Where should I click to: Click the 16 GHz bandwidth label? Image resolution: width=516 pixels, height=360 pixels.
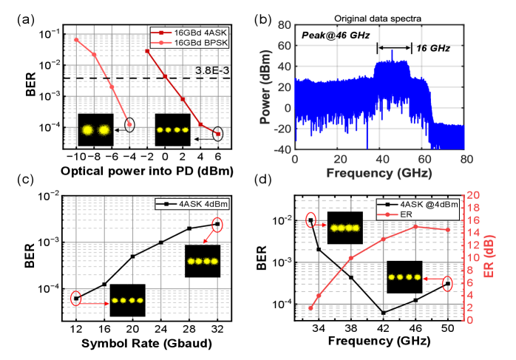coord(432,47)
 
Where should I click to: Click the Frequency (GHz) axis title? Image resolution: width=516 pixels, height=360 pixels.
coord(380,173)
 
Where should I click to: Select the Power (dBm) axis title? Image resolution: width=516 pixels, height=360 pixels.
coord(264,93)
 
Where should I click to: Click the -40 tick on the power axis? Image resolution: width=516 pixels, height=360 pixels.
coord(281,150)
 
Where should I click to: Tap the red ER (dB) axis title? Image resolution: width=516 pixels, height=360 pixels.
coord(490,256)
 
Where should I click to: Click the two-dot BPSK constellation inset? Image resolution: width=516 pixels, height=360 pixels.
coord(95,130)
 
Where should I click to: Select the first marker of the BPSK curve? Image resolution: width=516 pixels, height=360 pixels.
coord(76,39)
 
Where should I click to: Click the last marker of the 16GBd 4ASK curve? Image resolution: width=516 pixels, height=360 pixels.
coord(218,134)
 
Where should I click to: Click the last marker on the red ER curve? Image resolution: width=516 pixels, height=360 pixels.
coord(448,230)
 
